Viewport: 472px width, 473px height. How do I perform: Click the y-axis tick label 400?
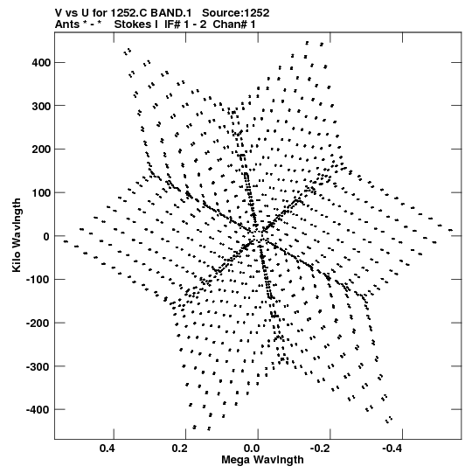tap(41, 63)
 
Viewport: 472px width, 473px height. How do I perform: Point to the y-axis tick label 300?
tap(41, 106)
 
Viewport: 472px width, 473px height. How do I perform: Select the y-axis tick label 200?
tap(41, 150)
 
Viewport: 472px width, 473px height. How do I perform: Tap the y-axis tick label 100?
tap(41, 192)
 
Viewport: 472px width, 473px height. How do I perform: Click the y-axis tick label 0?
tap(46, 236)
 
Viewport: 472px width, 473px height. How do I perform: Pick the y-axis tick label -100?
tap(38, 280)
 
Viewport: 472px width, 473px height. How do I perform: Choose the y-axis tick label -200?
tap(38, 323)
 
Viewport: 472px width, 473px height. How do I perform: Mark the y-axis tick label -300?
tap(38, 366)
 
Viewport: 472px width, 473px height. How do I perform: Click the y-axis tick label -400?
tap(38, 410)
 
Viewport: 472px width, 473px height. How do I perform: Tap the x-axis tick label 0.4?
tap(108, 449)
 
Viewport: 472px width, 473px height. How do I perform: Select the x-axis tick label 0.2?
tap(181, 449)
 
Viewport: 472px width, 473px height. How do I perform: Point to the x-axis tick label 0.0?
tap(253, 449)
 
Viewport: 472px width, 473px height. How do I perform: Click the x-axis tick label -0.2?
tap(323, 449)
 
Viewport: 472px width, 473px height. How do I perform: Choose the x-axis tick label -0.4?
tap(394, 449)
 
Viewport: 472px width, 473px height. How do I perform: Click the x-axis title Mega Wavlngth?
tap(262, 460)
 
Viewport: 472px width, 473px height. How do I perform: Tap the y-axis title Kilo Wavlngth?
tap(17, 235)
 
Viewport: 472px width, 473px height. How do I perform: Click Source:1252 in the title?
tap(236, 13)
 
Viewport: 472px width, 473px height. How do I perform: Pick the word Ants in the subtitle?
tap(67, 24)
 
